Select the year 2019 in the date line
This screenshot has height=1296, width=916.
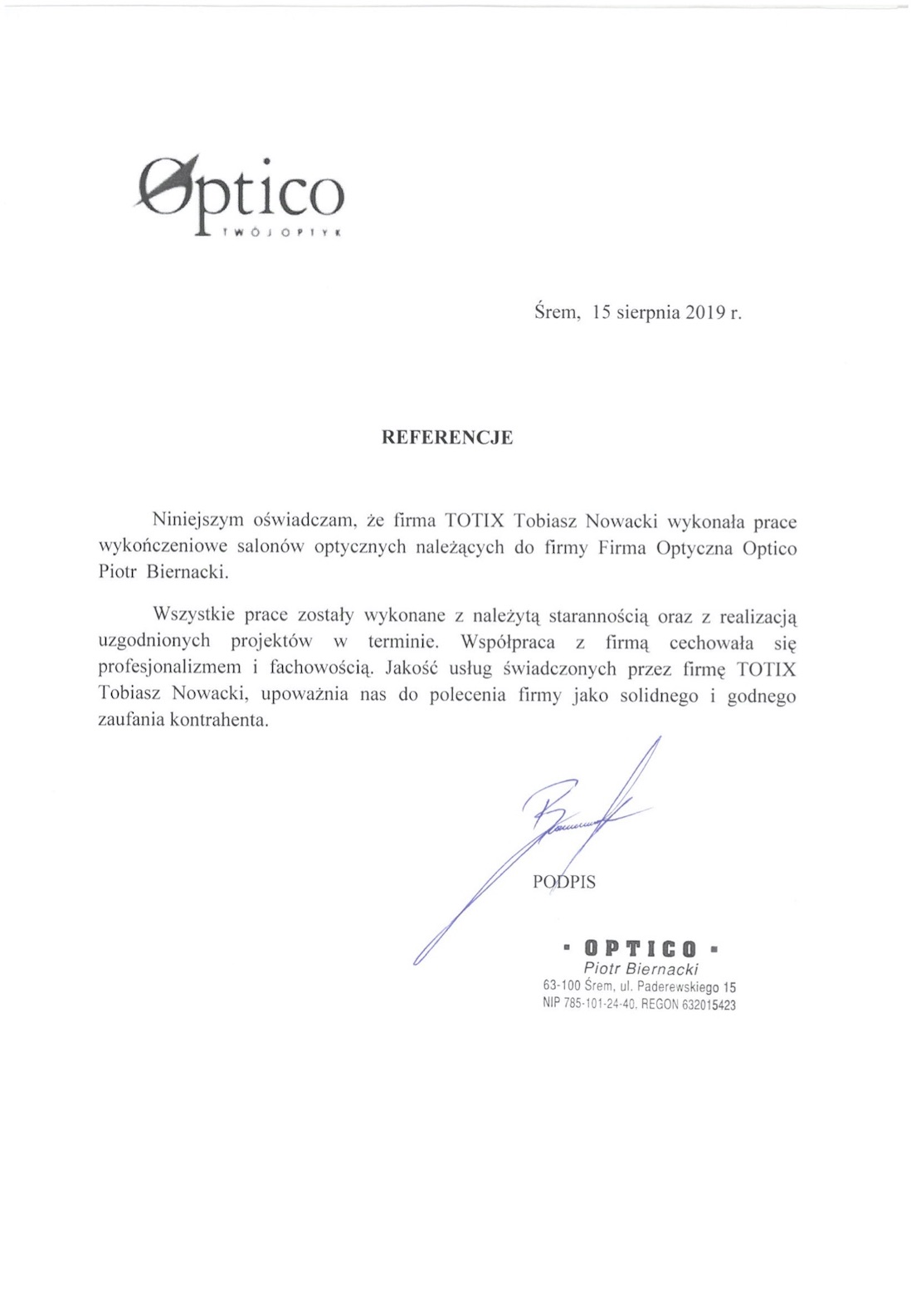[x=705, y=313]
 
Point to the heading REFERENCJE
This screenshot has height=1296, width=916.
[x=446, y=438]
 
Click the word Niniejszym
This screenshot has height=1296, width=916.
[x=195, y=521]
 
